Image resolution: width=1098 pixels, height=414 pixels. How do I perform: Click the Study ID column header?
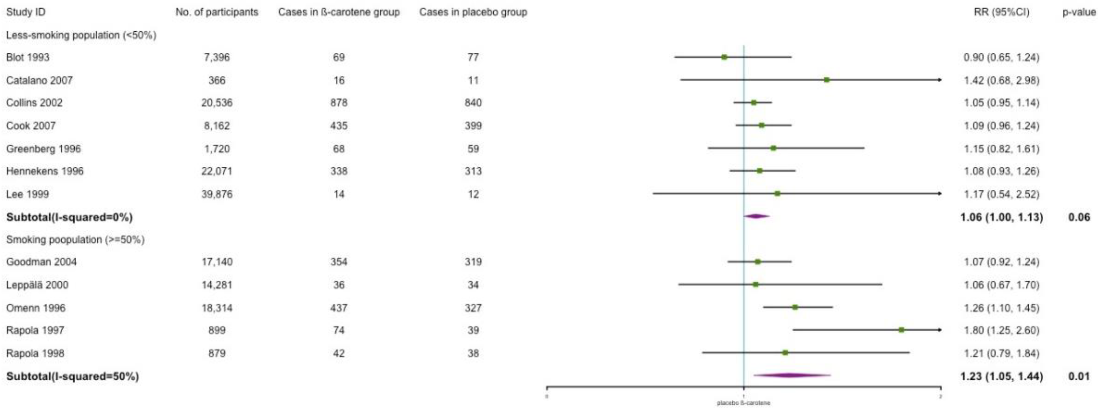(26, 12)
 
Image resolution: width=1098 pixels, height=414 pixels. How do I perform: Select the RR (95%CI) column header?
(1001, 12)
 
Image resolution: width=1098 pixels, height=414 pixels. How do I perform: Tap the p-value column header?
(1078, 12)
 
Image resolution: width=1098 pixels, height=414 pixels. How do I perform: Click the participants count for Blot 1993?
(217, 57)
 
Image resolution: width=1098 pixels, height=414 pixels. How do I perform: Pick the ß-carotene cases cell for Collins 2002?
(339, 103)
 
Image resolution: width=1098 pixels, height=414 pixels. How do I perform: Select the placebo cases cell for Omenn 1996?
(473, 308)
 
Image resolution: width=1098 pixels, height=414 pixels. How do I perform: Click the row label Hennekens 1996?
(45, 171)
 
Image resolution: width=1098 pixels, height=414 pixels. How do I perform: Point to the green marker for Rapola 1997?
(901, 330)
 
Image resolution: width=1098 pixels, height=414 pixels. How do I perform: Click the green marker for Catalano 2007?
(827, 80)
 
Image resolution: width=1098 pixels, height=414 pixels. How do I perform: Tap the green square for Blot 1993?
(724, 57)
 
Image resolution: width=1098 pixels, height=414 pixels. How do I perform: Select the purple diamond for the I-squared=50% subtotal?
(789, 376)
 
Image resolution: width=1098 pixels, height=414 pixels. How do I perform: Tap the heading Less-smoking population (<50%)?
(81, 35)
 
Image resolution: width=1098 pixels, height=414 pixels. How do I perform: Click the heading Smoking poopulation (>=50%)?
(75, 239)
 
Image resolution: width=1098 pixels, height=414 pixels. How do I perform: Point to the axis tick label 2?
(940, 397)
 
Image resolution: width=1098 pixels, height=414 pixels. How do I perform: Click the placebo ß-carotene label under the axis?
(743, 403)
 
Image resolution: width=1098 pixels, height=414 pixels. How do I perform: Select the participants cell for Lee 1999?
(217, 194)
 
